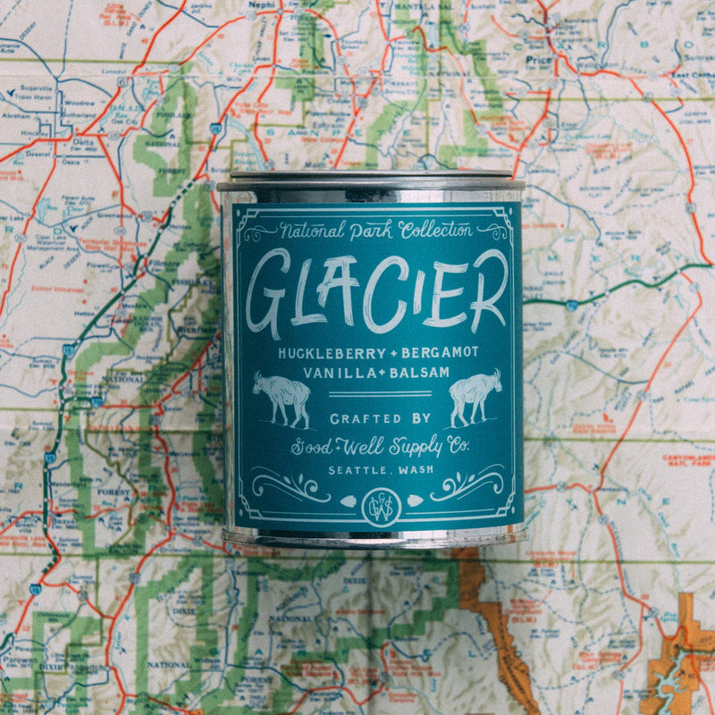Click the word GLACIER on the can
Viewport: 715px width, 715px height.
tap(376, 291)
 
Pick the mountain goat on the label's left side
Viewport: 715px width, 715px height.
tap(281, 398)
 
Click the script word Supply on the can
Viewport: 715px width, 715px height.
tap(401, 446)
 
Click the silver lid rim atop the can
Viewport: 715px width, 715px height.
tap(370, 179)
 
